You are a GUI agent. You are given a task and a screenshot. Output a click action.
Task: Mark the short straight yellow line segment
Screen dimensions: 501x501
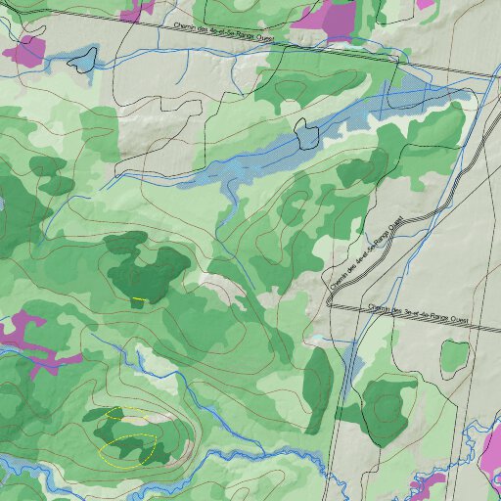click(139, 297)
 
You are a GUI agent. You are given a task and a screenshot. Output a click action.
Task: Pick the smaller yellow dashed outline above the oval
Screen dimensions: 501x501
click(115, 414)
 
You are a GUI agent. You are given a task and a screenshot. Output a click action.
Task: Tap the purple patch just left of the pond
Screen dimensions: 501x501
click(25, 50)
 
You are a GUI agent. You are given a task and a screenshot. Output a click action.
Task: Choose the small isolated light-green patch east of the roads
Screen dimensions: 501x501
click(453, 358)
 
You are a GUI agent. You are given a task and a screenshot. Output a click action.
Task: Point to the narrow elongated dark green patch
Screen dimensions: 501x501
click(318, 388)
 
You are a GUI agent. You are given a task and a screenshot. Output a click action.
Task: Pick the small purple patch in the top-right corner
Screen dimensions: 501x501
click(425, 4)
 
